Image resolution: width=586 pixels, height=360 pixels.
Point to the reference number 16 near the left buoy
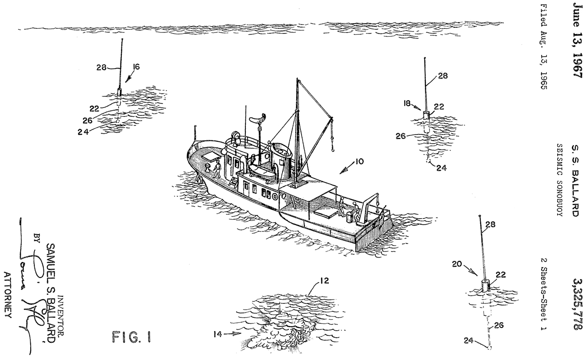coord(136,67)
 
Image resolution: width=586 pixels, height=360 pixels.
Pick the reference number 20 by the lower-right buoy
coord(459,264)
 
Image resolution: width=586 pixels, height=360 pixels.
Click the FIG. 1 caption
coord(128,338)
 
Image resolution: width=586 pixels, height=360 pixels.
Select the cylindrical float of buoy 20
coord(486,285)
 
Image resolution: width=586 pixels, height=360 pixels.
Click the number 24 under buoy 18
coord(441,168)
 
